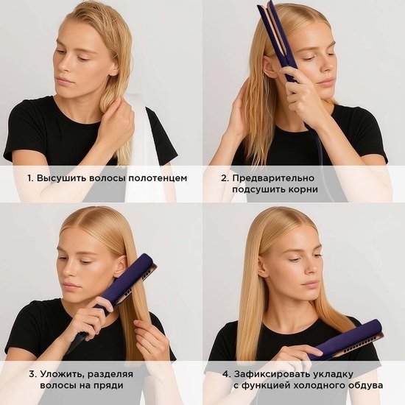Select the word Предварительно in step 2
click(x=273, y=178)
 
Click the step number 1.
click(x=30, y=178)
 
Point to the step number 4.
click(x=226, y=374)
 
